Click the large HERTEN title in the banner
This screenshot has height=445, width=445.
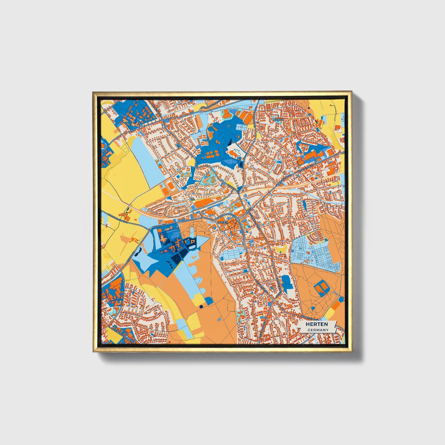click(x=317, y=324)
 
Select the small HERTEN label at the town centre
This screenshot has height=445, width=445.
click(x=222, y=222)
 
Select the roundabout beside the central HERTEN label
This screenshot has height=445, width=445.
click(x=238, y=219)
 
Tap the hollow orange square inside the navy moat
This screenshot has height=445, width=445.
click(x=191, y=242)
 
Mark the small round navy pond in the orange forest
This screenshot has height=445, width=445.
click(x=201, y=307)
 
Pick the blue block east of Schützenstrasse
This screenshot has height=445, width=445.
click(x=287, y=283)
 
